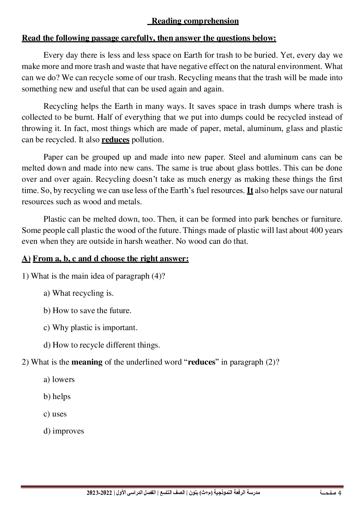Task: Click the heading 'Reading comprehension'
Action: pyautogui.click(x=195, y=21)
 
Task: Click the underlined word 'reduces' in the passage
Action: pyautogui.click(x=115, y=140)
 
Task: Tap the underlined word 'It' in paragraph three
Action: pyautogui.click(x=250, y=190)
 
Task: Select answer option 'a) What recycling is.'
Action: pyautogui.click(x=79, y=293)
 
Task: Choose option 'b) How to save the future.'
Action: pyautogui.click(x=87, y=311)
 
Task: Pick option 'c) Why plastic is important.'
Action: pyautogui.click(x=91, y=328)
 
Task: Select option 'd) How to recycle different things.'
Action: pyautogui.click(x=102, y=345)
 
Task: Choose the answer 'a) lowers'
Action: pyautogui.click(x=59, y=379)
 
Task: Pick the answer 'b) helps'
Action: pyautogui.click(x=57, y=397)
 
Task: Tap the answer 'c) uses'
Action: pyautogui.click(x=55, y=414)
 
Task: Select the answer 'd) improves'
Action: pyautogui.click(x=64, y=431)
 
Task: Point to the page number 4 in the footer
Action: pyautogui.click(x=340, y=493)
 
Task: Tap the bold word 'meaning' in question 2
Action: pyautogui.click(x=87, y=362)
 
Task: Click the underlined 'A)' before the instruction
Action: pyautogui.click(x=26, y=259)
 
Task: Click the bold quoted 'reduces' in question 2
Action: pyautogui.click(x=202, y=362)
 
